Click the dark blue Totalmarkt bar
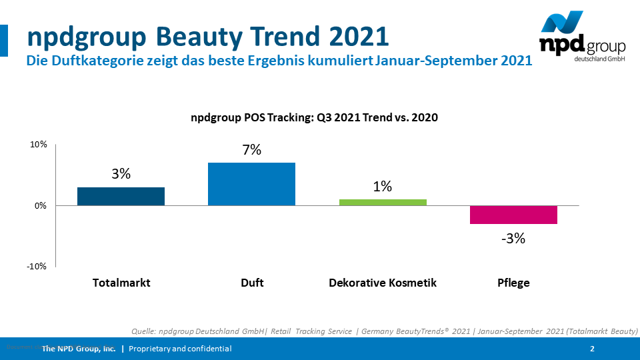(x=121, y=196)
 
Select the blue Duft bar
(x=251, y=184)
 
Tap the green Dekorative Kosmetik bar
(x=383, y=202)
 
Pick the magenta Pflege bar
(x=513, y=215)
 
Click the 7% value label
(x=251, y=150)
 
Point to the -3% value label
(x=513, y=238)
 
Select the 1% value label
(x=382, y=187)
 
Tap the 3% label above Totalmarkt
(x=121, y=175)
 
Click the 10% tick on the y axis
(x=38, y=145)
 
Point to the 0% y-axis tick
(x=40, y=205)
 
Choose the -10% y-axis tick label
(x=37, y=267)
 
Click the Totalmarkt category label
(x=121, y=283)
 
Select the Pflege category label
(x=513, y=283)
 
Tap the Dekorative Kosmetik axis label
(x=383, y=283)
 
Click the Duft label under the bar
(x=252, y=283)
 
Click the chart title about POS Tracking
(x=314, y=117)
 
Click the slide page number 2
(x=593, y=349)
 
